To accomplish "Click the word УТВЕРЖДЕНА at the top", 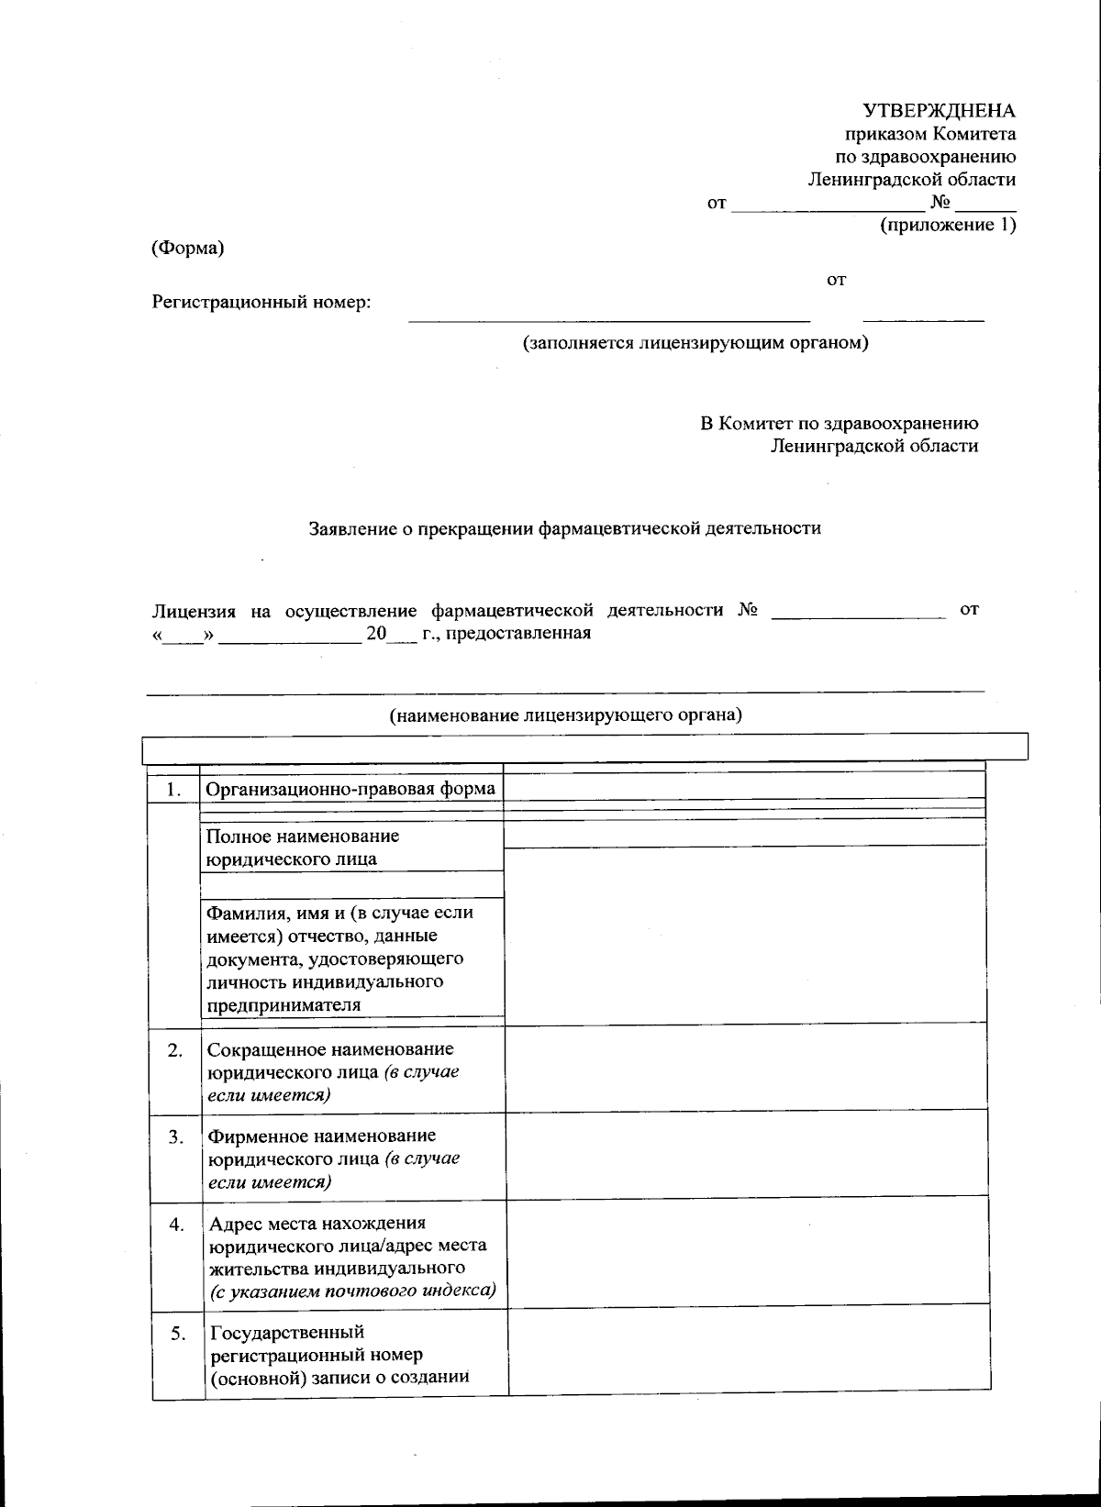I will point(939,111).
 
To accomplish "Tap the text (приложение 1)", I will point(948,225).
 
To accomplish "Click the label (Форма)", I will point(188,248).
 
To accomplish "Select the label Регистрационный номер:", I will point(261,302).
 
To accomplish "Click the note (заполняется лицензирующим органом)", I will point(695,343).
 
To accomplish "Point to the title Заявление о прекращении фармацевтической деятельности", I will point(564,528).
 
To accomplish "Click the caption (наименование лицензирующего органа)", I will point(565,715).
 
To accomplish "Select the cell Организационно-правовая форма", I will point(350,789).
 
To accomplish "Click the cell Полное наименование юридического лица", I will point(303,848).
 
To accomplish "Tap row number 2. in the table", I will point(175,1050).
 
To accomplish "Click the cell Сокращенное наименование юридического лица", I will point(330,1071).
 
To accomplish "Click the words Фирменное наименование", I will point(322,1136).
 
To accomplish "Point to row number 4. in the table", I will point(177,1224).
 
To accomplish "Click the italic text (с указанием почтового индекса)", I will point(353,1291).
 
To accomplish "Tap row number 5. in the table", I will point(178,1334).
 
